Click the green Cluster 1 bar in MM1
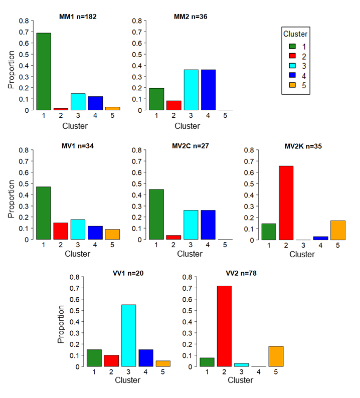click(x=44, y=71)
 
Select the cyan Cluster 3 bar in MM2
click(x=191, y=90)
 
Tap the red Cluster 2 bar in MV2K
click(x=286, y=203)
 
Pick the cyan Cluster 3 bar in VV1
click(x=128, y=335)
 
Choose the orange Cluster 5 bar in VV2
click(x=276, y=356)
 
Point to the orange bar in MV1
click(x=112, y=235)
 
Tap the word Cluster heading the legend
click(x=295, y=34)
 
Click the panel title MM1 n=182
click(x=78, y=17)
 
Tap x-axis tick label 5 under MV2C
click(x=225, y=245)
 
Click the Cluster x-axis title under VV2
click(x=240, y=380)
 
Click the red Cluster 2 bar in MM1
click(x=61, y=109)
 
